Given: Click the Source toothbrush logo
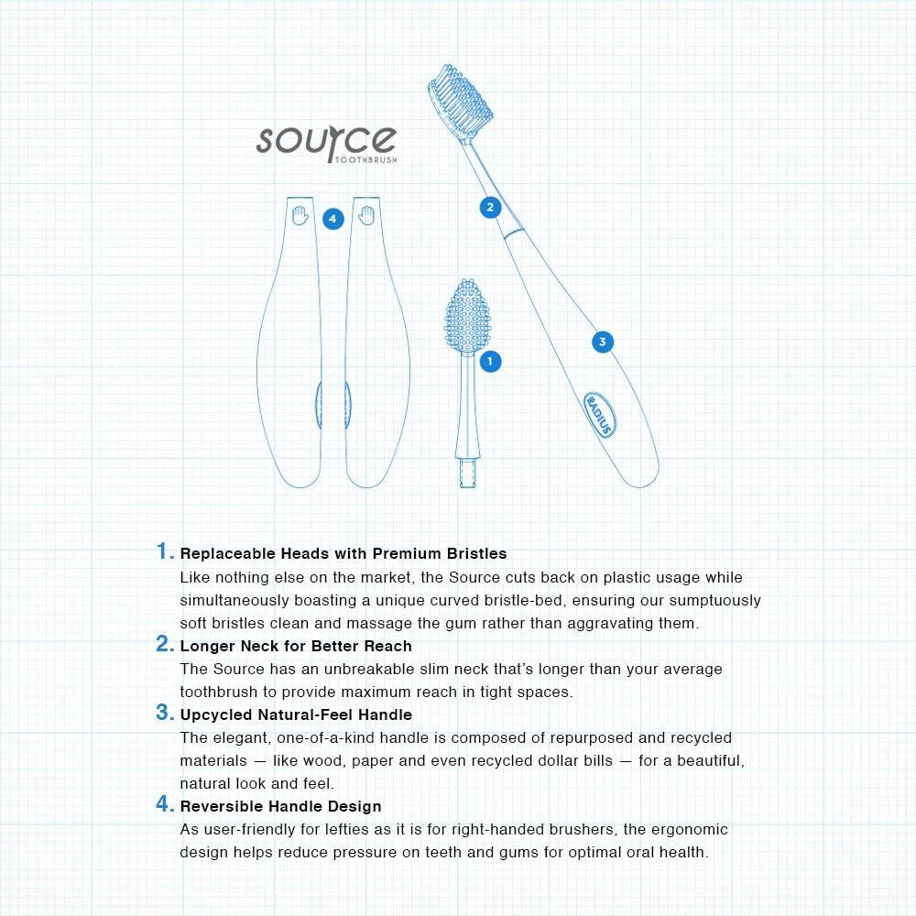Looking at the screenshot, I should click(x=325, y=143).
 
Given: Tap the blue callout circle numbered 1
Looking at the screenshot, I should click(x=490, y=361).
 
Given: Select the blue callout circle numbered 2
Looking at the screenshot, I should click(x=490, y=207).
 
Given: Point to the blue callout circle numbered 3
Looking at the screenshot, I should click(x=602, y=342).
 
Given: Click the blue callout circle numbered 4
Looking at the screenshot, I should click(x=333, y=219).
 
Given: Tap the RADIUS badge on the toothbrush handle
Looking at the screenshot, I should click(x=600, y=413).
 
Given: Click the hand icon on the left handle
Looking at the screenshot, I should click(x=299, y=216).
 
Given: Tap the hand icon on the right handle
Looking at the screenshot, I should click(x=366, y=216).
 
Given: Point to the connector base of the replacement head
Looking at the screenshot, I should click(x=468, y=472).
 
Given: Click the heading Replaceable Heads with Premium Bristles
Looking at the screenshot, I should click(x=343, y=554).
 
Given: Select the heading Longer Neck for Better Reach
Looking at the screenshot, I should click(x=296, y=646).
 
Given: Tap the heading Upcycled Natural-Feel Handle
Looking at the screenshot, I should click(x=296, y=714).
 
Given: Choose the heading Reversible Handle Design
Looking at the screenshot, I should click(x=280, y=807).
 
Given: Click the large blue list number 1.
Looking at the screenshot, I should click(x=164, y=551).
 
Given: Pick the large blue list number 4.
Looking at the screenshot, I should click(x=164, y=804).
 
